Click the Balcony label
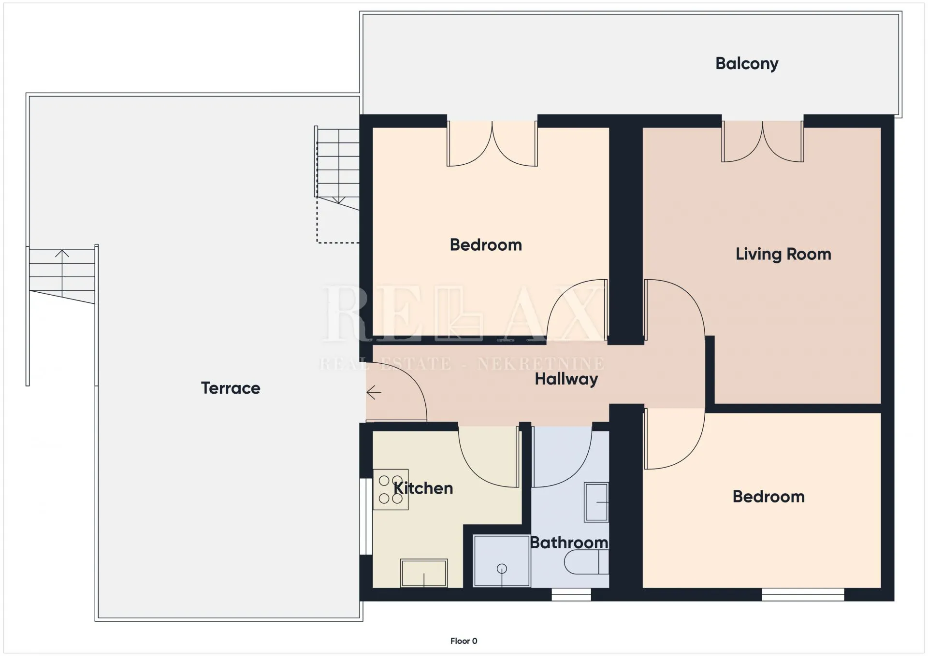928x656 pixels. coord(747,64)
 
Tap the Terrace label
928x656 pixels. coord(231,388)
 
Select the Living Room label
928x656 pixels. coord(783,254)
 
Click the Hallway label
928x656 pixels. coord(566,379)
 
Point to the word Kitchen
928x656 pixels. coord(423,488)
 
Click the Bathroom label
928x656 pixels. coord(569,542)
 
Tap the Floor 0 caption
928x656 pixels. coord(464,641)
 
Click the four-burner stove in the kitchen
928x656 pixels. coord(391,489)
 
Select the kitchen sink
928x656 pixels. coord(424,573)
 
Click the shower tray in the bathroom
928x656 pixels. coord(502,561)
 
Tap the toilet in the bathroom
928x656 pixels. coord(586,562)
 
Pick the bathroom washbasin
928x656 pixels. coord(596,502)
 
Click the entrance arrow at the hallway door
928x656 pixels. coord(374,393)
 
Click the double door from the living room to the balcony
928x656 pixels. coord(763,141)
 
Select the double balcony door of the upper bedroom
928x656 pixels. coord(492,143)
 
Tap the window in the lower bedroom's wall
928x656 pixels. coord(803,595)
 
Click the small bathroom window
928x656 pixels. coord(571,595)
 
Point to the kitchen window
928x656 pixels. coord(366,516)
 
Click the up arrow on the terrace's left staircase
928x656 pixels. coord(62,273)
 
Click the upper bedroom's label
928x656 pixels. coord(486,245)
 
